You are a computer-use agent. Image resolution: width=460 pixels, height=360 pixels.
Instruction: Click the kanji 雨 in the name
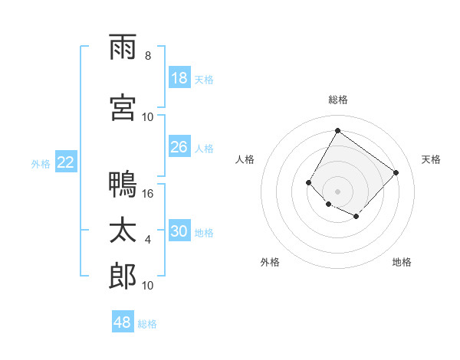tap(123, 47)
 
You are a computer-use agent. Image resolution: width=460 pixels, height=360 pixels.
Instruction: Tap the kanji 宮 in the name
tap(123, 108)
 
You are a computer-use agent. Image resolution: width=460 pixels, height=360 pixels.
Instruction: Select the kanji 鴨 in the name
tap(123, 185)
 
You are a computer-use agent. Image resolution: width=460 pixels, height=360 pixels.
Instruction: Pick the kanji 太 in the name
tap(123, 231)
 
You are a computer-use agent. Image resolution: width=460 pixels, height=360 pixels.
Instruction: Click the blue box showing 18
tap(179, 79)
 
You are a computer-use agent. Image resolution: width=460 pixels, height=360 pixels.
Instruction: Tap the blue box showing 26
tap(179, 147)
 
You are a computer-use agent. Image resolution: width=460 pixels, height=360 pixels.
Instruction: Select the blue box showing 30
tap(179, 231)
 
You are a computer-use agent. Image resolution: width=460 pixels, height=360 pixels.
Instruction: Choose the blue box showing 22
tap(66, 162)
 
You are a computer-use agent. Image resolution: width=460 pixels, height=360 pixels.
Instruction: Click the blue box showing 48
tap(123, 322)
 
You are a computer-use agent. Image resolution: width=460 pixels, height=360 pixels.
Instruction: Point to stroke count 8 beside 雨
tap(148, 56)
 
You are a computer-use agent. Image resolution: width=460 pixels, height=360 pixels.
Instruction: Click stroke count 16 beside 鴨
tap(149, 194)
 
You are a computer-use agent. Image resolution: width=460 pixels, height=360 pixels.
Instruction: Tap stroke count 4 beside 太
tap(148, 240)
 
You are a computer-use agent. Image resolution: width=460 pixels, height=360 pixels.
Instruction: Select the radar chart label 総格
tap(337, 100)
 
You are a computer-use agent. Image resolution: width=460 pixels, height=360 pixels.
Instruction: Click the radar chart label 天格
tap(431, 159)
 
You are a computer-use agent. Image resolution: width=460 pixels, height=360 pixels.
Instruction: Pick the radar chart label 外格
tap(270, 262)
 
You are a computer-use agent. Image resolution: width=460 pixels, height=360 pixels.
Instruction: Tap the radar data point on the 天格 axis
tap(396, 172)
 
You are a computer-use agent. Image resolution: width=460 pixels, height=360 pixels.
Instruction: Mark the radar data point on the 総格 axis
tap(337, 131)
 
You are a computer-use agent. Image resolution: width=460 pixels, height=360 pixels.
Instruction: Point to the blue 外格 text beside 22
tap(41, 163)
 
